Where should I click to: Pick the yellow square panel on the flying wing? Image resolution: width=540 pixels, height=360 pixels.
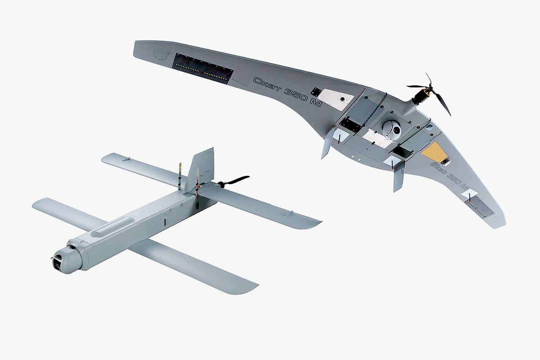[x=435, y=152]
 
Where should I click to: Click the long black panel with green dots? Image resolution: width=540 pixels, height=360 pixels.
[x=203, y=68]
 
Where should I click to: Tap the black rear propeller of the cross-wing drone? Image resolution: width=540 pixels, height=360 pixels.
[x=234, y=181]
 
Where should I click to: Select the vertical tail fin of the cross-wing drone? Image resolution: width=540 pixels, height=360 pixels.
[x=201, y=169]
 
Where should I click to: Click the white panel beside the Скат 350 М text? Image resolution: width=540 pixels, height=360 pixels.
[x=336, y=99]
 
